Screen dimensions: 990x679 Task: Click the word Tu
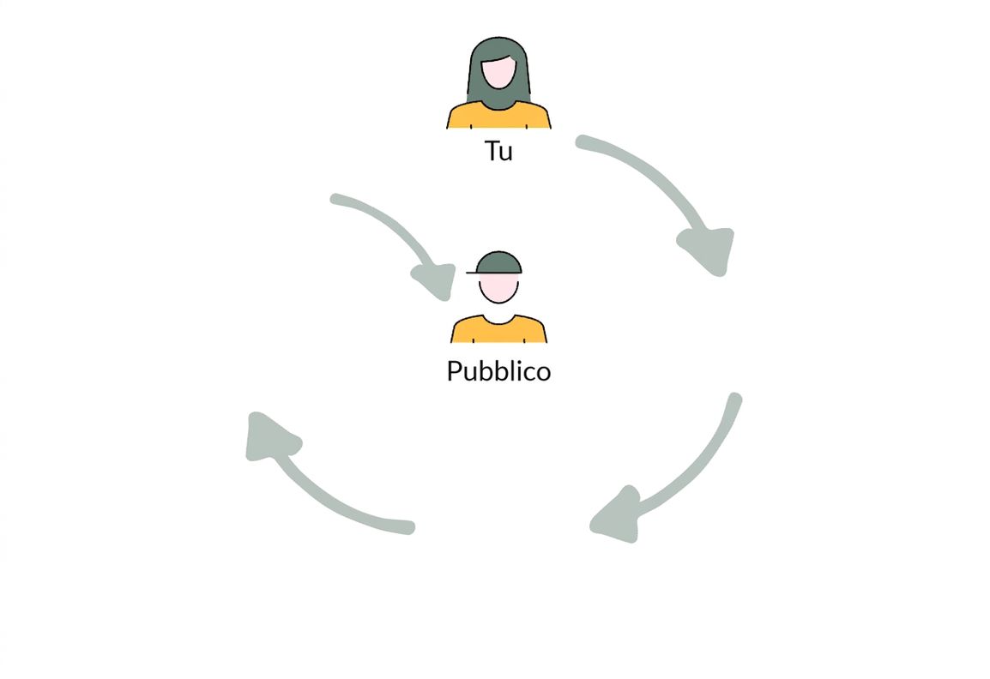[x=498, y=151]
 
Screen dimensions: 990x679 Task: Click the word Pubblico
[x=498, y=370]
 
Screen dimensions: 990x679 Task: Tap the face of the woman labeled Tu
[x=498, y=73]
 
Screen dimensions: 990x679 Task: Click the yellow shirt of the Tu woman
[x=498, y=117]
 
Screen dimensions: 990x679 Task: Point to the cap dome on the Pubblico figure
[x=498, y=261]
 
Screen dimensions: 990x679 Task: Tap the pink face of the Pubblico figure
[x=498, y=288]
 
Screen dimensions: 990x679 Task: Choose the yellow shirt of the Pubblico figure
[x=498, y=330]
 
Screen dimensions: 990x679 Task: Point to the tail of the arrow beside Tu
[x=582, y=141]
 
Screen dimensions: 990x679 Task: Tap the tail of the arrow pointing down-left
[x=734, y=399]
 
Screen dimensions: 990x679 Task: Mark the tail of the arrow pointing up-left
[x=408, y=527]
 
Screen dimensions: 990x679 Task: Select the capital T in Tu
[x=492, y=151]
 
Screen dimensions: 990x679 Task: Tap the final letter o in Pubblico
[x=544, y=374]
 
